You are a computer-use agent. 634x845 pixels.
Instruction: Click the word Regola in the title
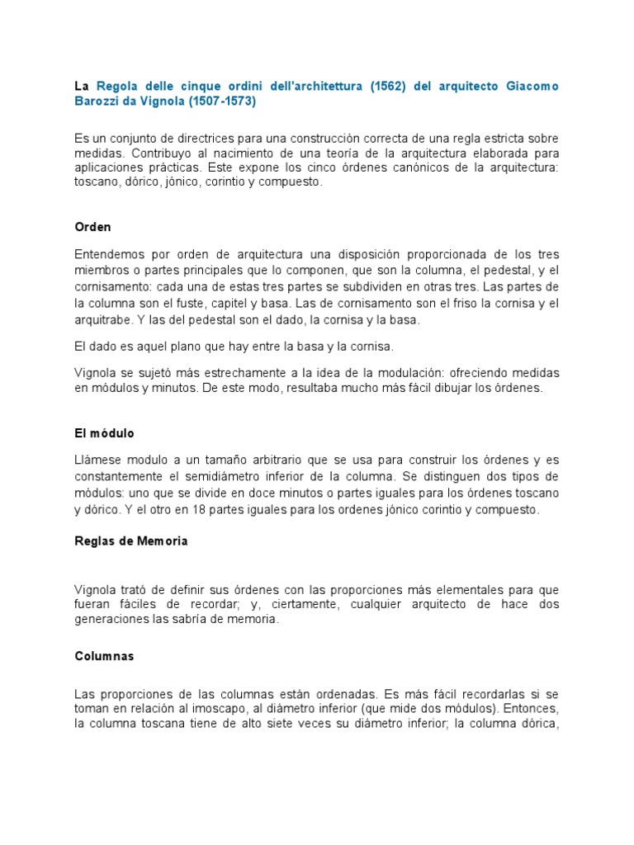120,87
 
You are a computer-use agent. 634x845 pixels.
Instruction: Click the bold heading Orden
92,226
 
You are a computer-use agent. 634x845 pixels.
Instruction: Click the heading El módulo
104,432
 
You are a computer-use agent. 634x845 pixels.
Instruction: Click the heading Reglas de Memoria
130,541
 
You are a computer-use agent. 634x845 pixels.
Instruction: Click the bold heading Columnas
104,657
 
